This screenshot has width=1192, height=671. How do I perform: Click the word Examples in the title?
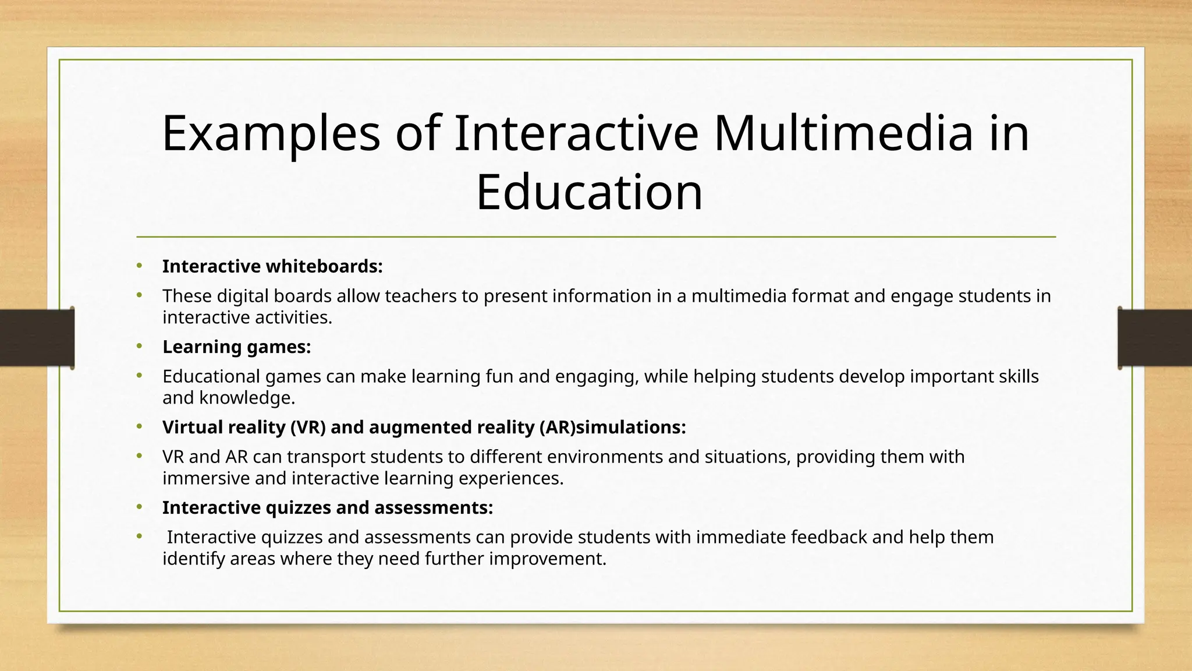coord(271,134)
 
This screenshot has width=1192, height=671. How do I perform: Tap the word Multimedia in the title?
coord(843,134)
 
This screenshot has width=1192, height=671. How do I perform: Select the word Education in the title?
coord(589,192)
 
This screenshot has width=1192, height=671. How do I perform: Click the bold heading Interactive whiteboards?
coord(272,266)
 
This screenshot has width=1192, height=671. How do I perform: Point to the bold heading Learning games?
coord(236,347)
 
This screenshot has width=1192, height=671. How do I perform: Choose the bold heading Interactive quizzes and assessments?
coord(327,507)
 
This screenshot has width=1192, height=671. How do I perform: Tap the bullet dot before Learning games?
coord(139,347)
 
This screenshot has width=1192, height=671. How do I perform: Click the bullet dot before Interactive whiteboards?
coord(139,266)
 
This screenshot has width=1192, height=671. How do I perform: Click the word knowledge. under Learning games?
coord(247,398)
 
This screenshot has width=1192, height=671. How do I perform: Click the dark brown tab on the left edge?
coord(37,338)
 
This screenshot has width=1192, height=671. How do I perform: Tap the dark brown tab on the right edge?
coord(1155,338)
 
